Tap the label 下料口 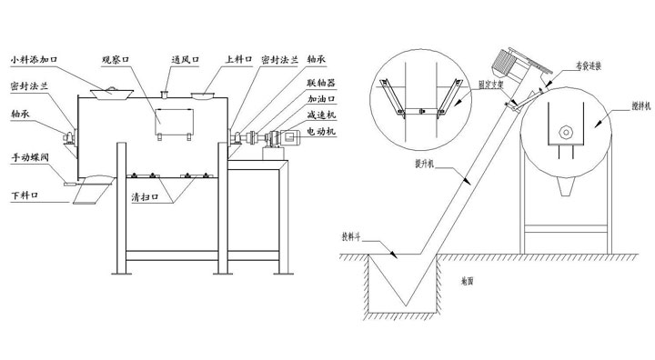click(x=24, y=195)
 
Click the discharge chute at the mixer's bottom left click(x=94, y=187)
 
